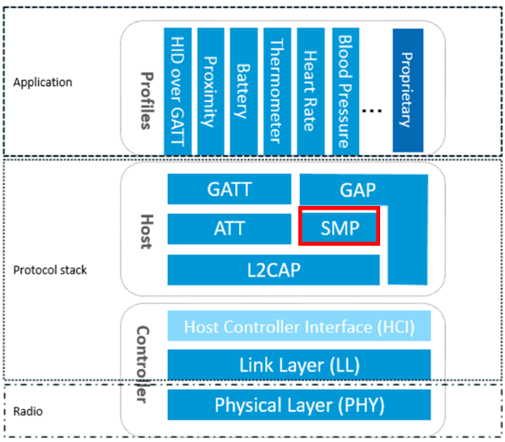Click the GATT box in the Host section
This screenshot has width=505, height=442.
pos(229,189)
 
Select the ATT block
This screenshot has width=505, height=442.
pos(229,229)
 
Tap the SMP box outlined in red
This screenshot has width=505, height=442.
pos(340,225)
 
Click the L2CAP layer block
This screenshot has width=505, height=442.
pos(273,270)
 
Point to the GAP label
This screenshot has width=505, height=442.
pos(357,190)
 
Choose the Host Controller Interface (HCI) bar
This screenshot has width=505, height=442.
pos(299,326)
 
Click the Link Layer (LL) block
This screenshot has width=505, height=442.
pos(299,365)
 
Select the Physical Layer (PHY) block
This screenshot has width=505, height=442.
pos(299,405)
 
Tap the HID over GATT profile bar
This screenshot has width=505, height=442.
pos(178,92)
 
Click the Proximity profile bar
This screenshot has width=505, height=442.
pos(211,92)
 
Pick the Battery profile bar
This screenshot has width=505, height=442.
pos(244,92)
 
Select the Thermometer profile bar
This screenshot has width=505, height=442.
pos(277,92)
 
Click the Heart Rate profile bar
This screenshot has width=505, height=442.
pos(310,92)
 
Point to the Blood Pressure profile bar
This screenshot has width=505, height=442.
pos(345,92)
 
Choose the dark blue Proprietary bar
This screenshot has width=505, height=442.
pos(408,90)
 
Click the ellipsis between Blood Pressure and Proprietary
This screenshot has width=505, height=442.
pos(372,111)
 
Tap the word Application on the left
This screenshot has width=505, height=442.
pos(42,83)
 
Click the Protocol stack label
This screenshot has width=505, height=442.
pos(50,270)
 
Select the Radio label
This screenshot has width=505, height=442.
pos(28,411)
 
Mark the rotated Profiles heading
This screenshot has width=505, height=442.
pos(147,101)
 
